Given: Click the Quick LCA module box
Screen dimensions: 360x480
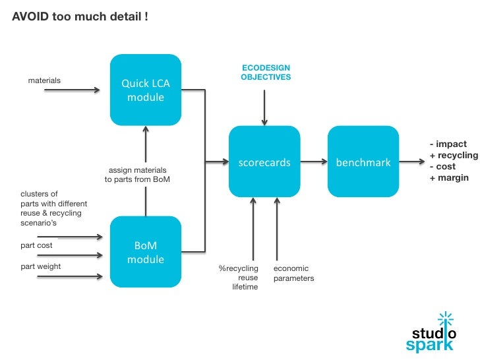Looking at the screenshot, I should [145, 90].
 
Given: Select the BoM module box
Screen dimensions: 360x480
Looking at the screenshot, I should [145, 252].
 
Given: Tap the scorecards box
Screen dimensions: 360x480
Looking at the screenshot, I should [264, 162].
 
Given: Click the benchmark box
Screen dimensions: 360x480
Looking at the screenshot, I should [363, 162].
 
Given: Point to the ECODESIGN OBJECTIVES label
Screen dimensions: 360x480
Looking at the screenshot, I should [265, 73].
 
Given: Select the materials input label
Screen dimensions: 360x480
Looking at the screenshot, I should [44, 80].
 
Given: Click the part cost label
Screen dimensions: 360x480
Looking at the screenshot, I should [36, 245].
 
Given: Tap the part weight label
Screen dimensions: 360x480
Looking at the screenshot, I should [40, 267].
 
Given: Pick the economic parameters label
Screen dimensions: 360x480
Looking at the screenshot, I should [293, 274].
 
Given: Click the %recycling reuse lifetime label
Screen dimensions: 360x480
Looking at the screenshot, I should [239, 278].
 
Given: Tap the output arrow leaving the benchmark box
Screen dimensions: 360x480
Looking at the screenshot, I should [412, 162].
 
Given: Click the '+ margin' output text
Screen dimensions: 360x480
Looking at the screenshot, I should [449, 177].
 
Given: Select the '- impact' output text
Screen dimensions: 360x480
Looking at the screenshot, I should [448, 144].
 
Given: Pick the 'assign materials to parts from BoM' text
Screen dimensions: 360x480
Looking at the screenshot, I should [137, 175].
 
